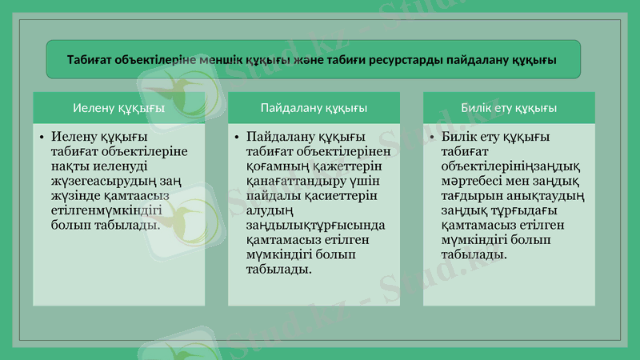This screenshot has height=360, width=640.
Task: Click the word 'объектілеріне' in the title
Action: (157, 60)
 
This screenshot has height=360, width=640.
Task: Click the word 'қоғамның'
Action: (277, 167)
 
